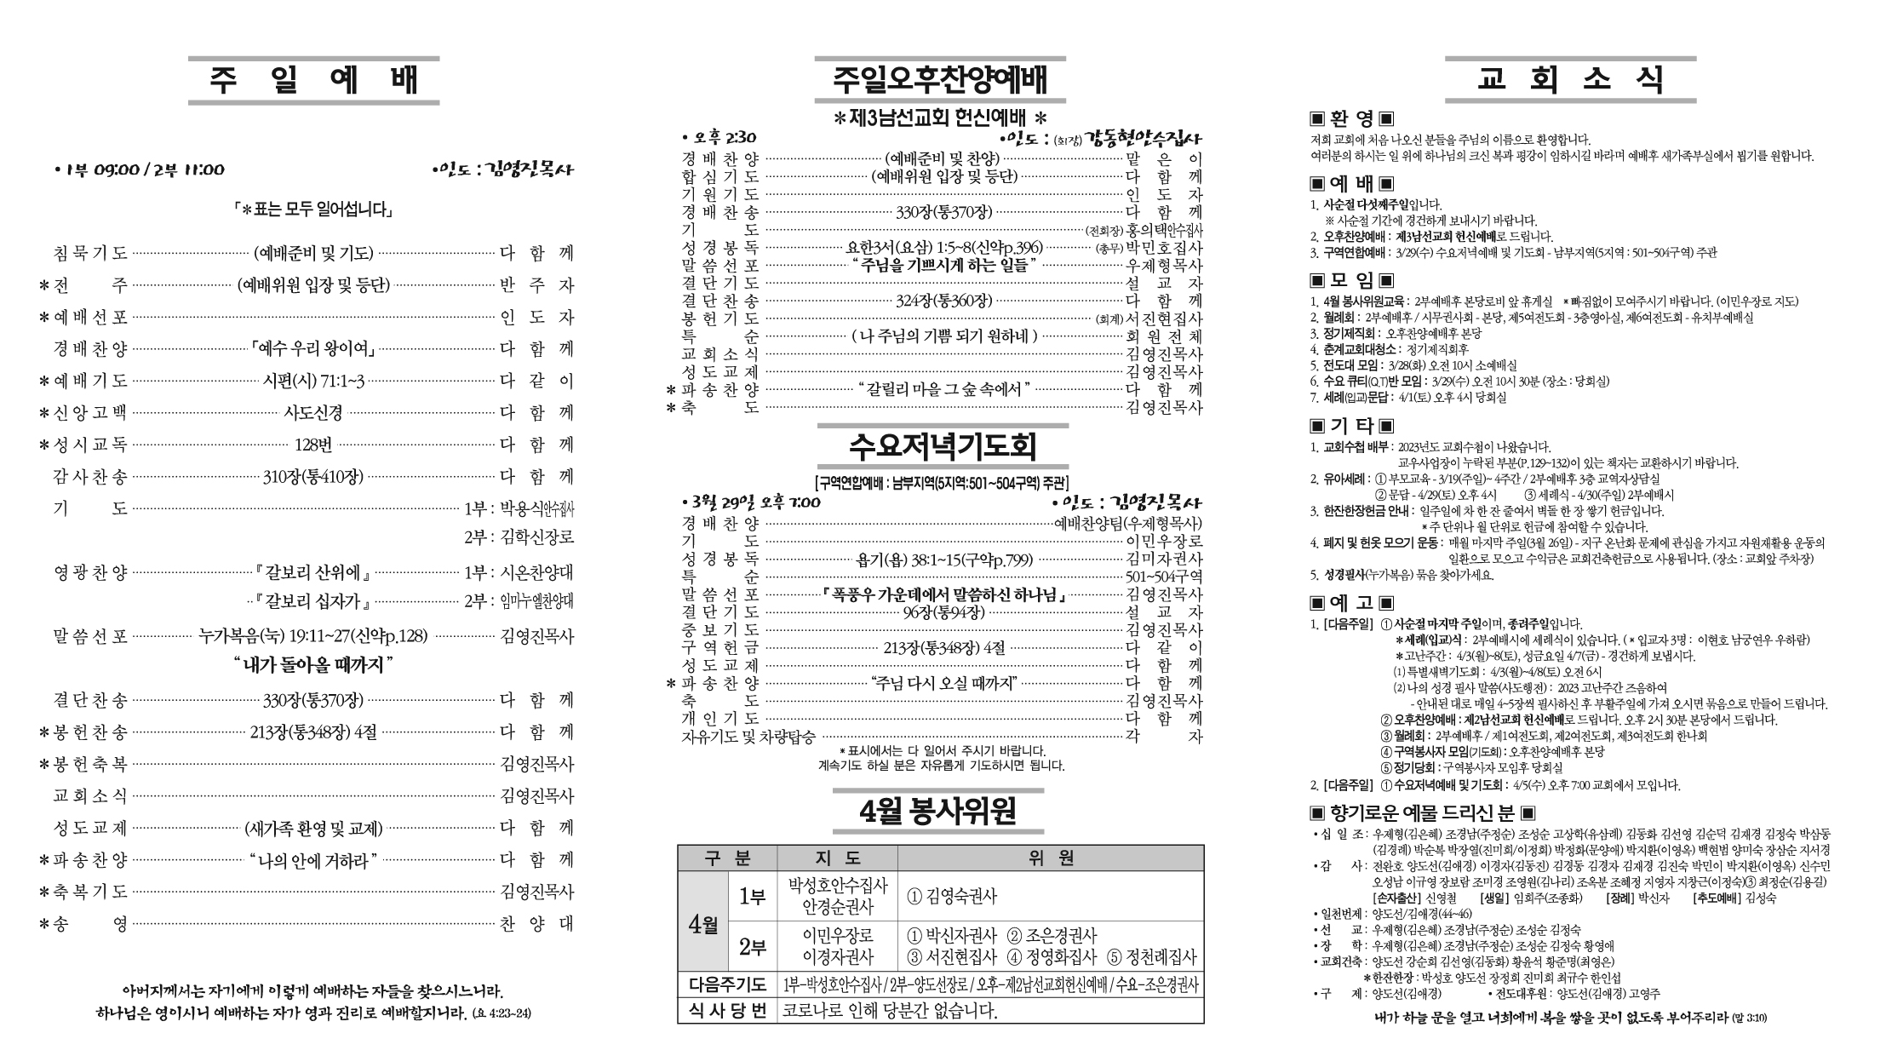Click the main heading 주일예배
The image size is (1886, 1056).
click(313, 80)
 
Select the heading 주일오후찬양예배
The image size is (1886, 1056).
click(940, 80)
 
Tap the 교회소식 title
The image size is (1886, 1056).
click(1570, 80)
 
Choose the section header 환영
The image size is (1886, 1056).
click(1351, 118)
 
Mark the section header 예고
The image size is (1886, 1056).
click(1351, 603)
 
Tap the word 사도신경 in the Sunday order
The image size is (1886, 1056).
click(313, 413)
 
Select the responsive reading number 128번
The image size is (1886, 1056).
click(313, 445)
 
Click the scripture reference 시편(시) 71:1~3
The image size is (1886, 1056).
click(313, 381)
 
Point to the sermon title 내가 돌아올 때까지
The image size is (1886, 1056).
click(313, 664)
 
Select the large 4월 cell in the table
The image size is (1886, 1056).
click(703, 923)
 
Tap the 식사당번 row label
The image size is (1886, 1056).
click(727, 1010)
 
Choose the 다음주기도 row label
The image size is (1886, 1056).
click(727, 984)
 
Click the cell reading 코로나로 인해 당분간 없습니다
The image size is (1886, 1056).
click(890, 1010)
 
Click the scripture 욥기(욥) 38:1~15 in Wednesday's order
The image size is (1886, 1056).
click(943, 560)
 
